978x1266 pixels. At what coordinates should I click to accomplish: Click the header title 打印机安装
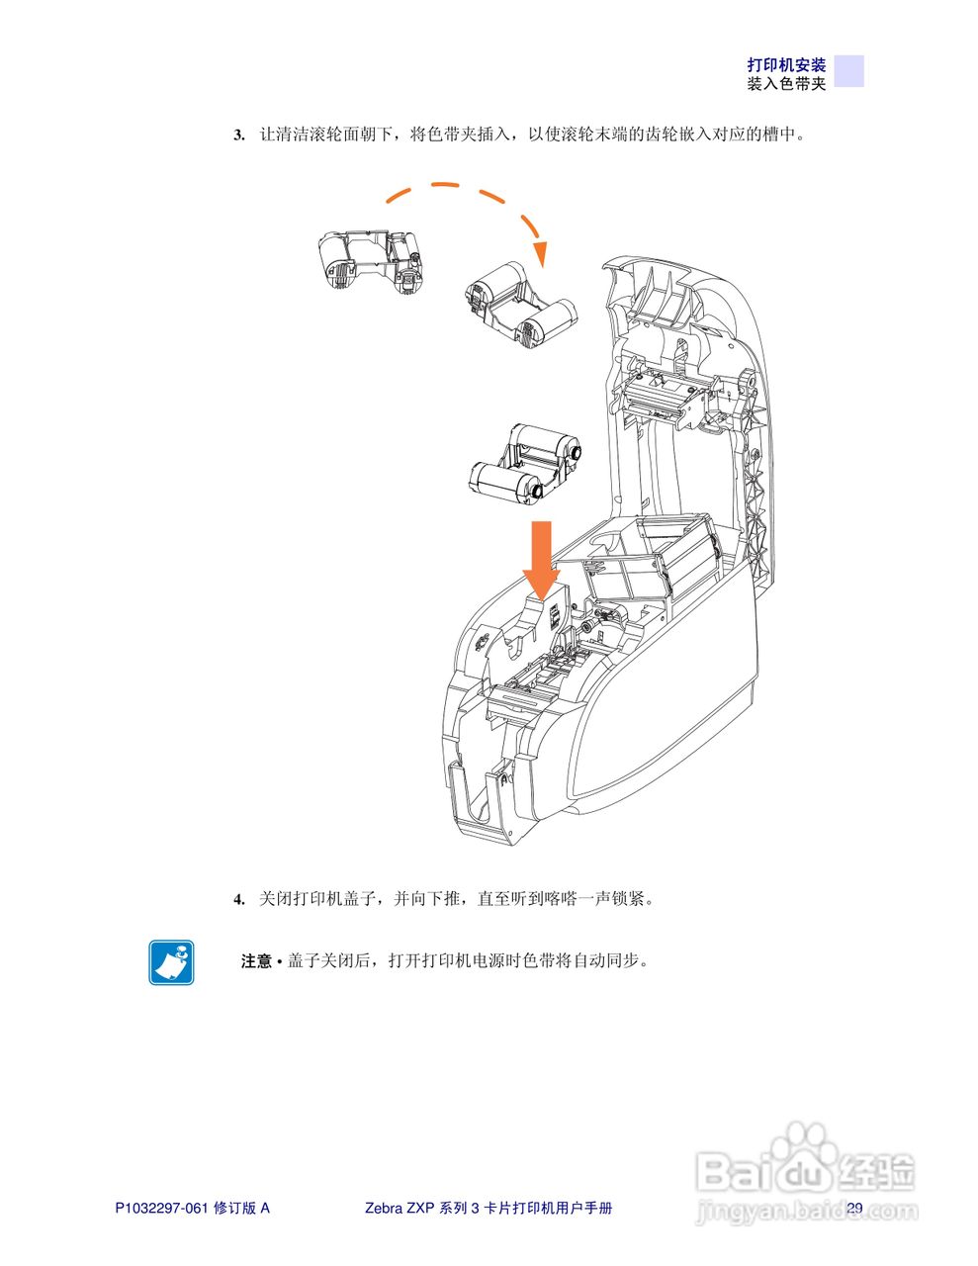(786, 65)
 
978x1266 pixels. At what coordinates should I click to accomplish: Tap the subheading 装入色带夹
(786, 84)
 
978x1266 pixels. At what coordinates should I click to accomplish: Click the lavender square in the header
(848, 71)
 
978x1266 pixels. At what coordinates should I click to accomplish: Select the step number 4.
(238, 900)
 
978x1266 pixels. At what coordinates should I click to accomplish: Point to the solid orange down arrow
(541, 559)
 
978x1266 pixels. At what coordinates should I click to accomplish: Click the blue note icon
(171, 962)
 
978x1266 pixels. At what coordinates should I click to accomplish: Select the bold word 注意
(256, 961)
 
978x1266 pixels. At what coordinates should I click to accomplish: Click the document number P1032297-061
(161, 1208)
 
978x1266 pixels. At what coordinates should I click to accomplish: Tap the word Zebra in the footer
(384, 1208)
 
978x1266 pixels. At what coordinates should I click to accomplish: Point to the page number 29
(854, 1208)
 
